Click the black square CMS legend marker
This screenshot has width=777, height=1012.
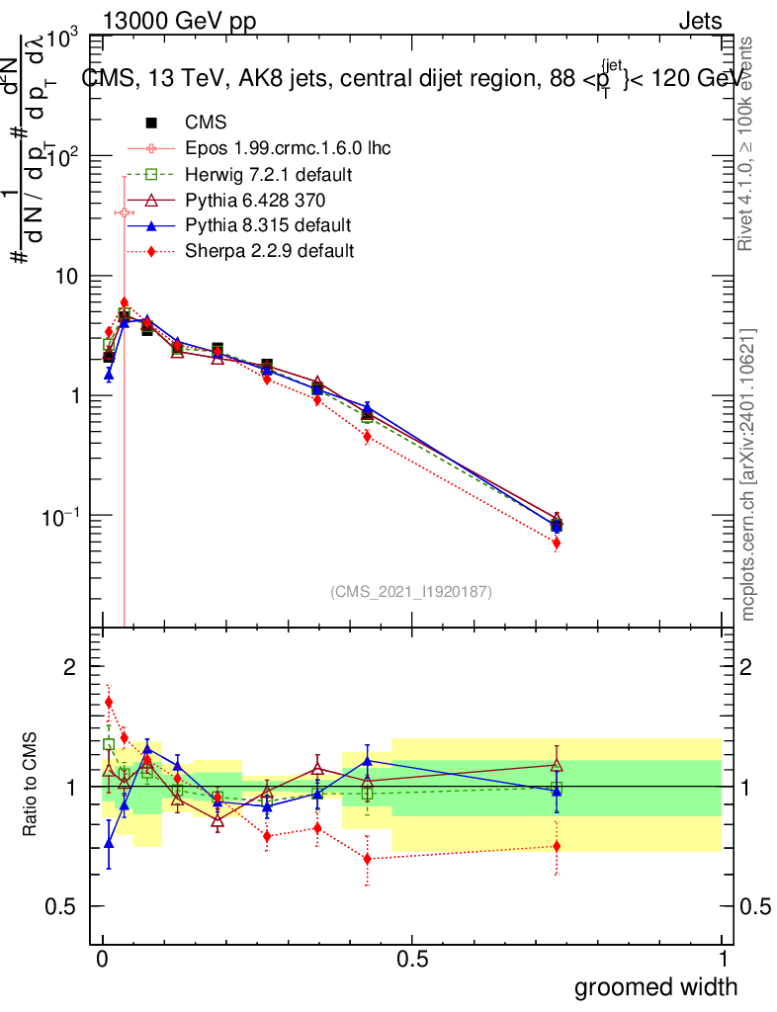(x=151, y=124)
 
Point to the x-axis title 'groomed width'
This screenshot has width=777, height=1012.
(x=656, y=985)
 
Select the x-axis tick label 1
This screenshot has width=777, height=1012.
(x=722, y=960)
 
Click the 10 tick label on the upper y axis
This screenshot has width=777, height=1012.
(x=67, y=277)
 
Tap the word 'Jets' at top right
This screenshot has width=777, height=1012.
(x=699, y=21)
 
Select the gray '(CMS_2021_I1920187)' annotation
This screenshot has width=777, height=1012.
(x=411, y=591)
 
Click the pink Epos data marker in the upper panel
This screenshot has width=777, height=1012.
(x=124, y=212)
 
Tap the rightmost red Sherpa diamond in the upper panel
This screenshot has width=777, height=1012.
(x=557, y=543)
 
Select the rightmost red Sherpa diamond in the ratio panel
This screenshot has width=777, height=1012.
(x=557, y=846)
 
